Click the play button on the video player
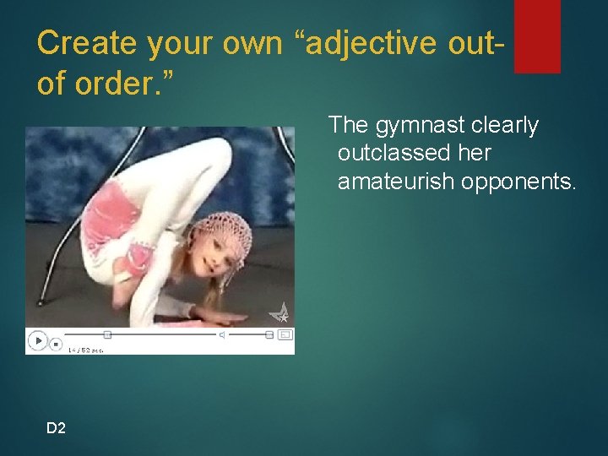click(38, 340)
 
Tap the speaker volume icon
click(222, 335)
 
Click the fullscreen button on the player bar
click(285, 334)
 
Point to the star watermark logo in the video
click(280, 313)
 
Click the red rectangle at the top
click(537, 35)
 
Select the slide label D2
click(56, 428)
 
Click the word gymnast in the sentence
click(415, 126)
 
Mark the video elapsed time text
click(85, 349)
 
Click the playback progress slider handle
click(107, 334)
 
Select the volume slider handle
click(269, 334)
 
